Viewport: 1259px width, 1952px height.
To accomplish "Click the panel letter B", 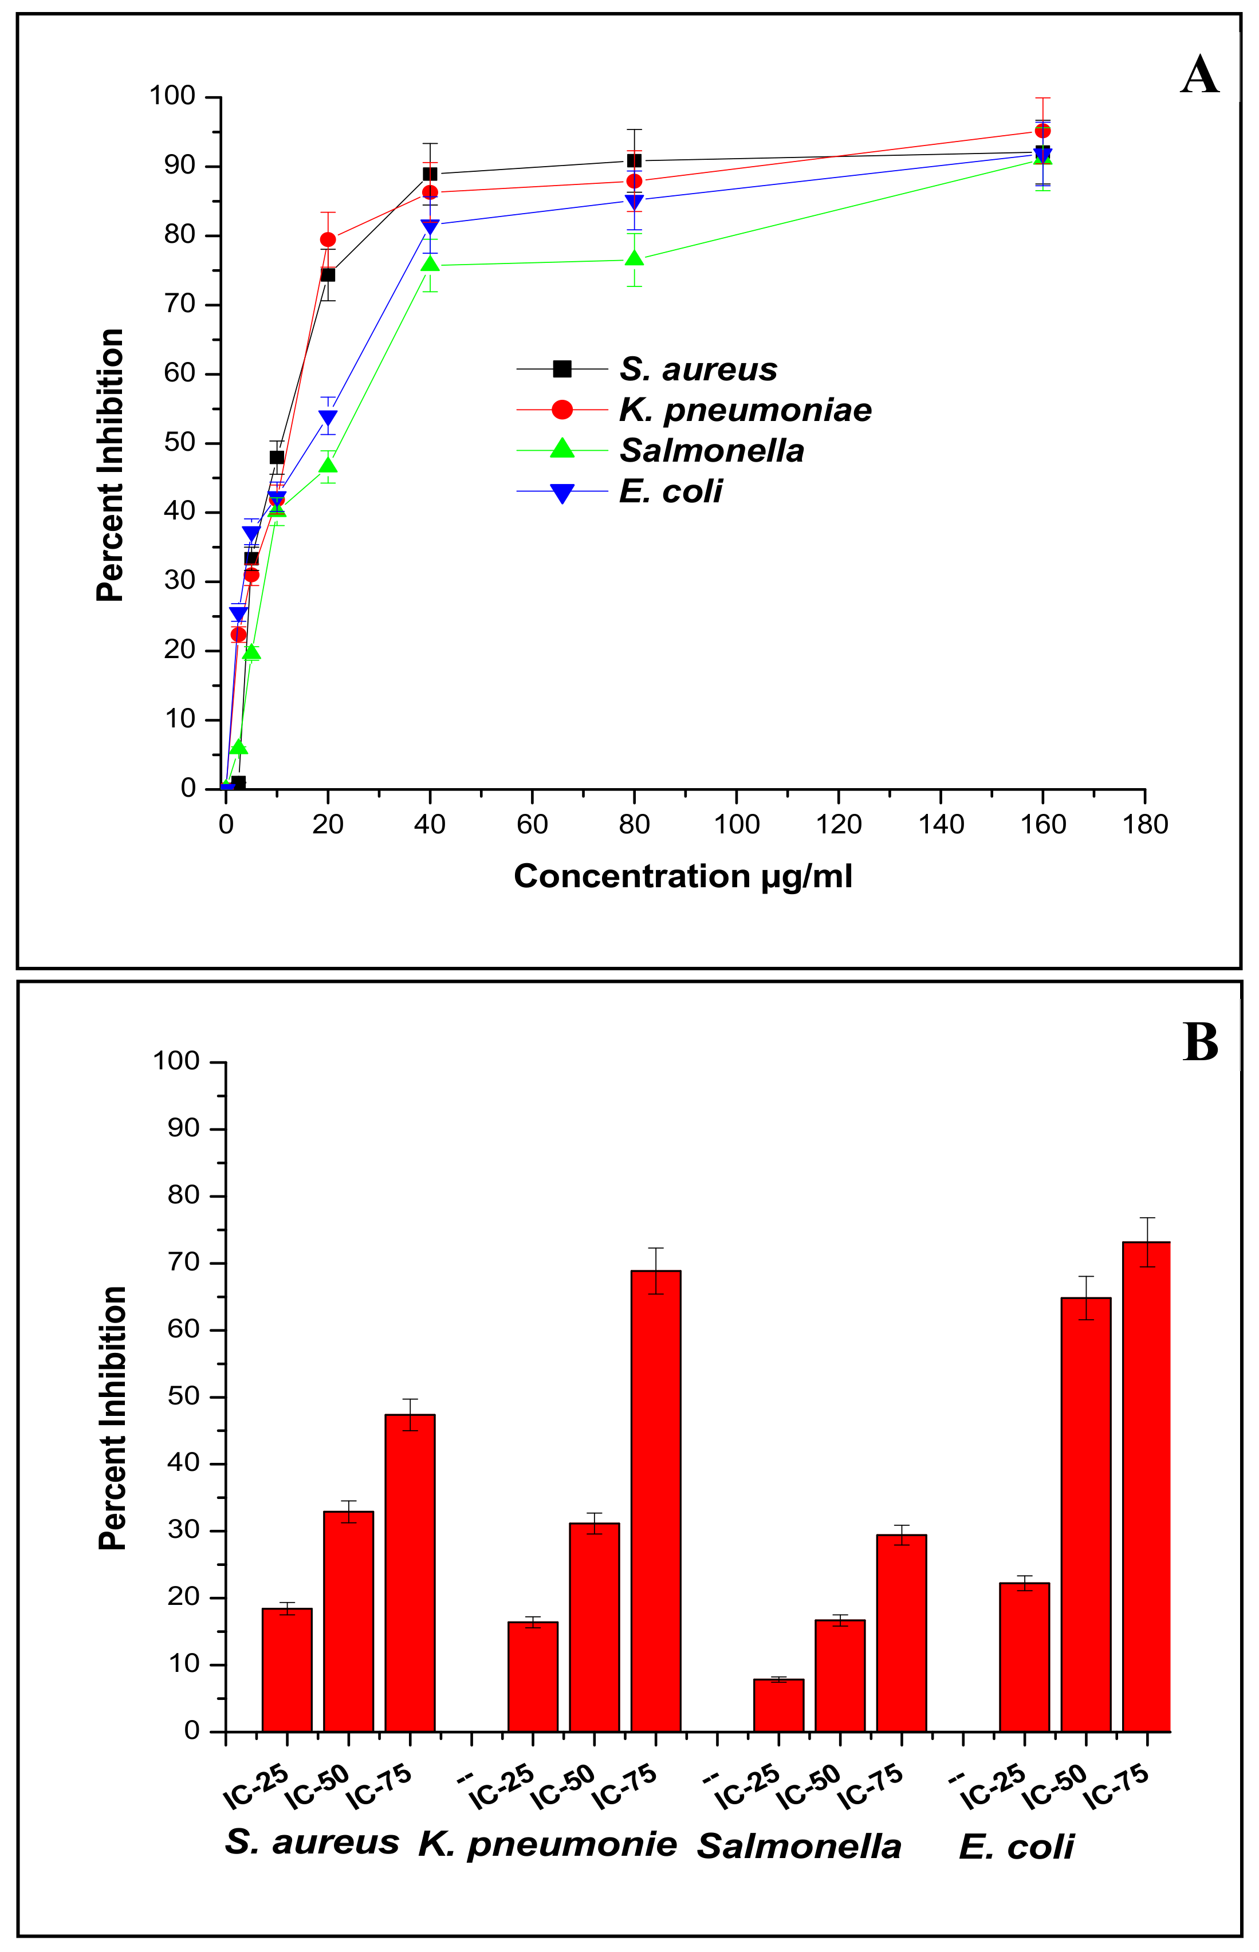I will [x=1199, y=1043].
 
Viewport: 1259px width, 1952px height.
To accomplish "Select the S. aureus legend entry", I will [x=697, y=369].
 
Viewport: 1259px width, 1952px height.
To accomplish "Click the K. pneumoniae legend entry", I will [x=745, y=410].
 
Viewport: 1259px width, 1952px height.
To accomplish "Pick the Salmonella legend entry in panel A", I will [x=711, y=450].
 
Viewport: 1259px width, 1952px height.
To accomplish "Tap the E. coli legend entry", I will [x=670, y=491].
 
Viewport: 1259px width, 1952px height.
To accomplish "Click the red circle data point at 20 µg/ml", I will [x=328, y=239].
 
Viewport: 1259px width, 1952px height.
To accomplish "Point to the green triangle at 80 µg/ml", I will [x=635, y=259].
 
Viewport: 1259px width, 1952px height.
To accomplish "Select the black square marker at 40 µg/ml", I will [x=430, y=174].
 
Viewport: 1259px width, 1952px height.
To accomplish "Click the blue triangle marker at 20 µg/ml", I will [x=328, y=418].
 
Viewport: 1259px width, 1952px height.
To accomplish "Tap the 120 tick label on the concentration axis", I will [x=839, y=825].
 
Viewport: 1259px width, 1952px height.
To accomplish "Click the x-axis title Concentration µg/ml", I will [x=683, y=876].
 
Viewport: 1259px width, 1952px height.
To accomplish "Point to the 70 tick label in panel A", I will [x=180, y=304].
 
